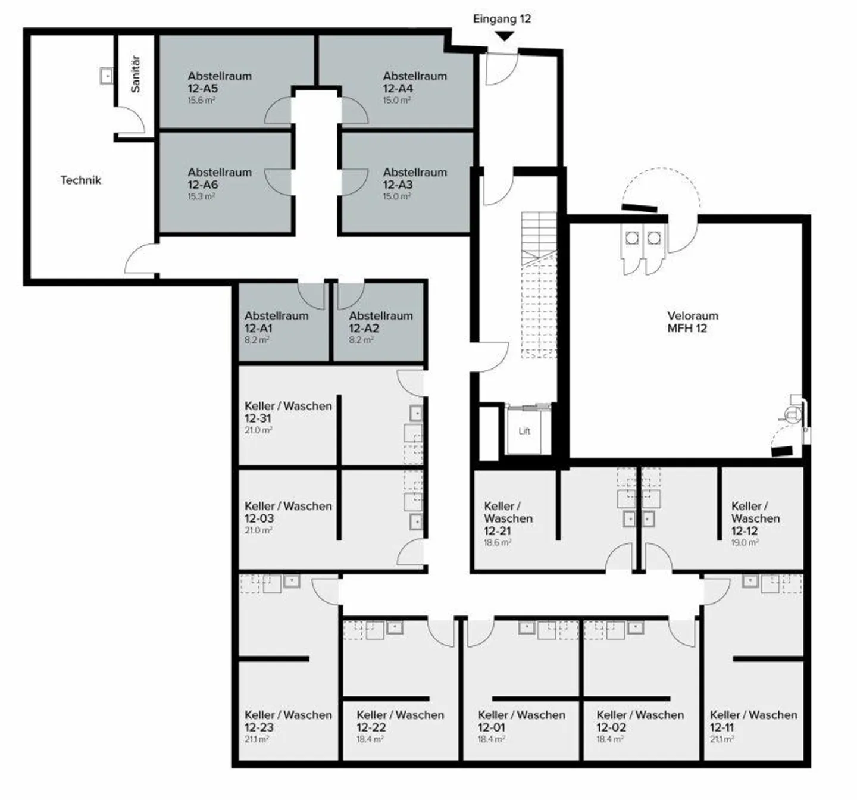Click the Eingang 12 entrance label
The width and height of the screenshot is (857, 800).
coord(502,18)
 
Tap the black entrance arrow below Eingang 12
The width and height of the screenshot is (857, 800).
coord(504,36)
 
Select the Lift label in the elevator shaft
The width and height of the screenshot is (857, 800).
coord(524,431)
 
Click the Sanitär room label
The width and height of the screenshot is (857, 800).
coord(136,74)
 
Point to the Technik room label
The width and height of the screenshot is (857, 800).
coord(80,180)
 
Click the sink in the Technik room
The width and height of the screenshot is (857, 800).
coord(107,76)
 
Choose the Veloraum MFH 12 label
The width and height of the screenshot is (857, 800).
coord(692,321)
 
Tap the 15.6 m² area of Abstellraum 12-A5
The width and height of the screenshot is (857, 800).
coord(201,101)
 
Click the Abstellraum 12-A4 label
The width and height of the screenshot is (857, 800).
coord(414,82)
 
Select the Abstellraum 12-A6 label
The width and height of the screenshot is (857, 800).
coord(219,179)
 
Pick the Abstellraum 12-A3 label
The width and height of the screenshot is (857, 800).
coord(414,179)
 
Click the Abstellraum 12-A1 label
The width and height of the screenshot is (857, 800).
coord(276,322)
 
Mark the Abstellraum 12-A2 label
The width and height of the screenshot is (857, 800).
coord(380,322)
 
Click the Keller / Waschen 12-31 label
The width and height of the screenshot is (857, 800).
coord(288,412)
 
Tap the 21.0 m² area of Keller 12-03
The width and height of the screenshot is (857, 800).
coord(258,530)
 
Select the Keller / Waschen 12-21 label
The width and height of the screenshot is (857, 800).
coord(507,518)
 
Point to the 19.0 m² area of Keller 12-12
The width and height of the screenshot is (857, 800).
coord(745,543)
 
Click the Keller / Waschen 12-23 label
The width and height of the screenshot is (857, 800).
coord(288,721)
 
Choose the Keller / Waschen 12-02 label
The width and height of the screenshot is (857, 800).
coord(640,721)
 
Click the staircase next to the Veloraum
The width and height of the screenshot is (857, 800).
coord(539,286)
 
